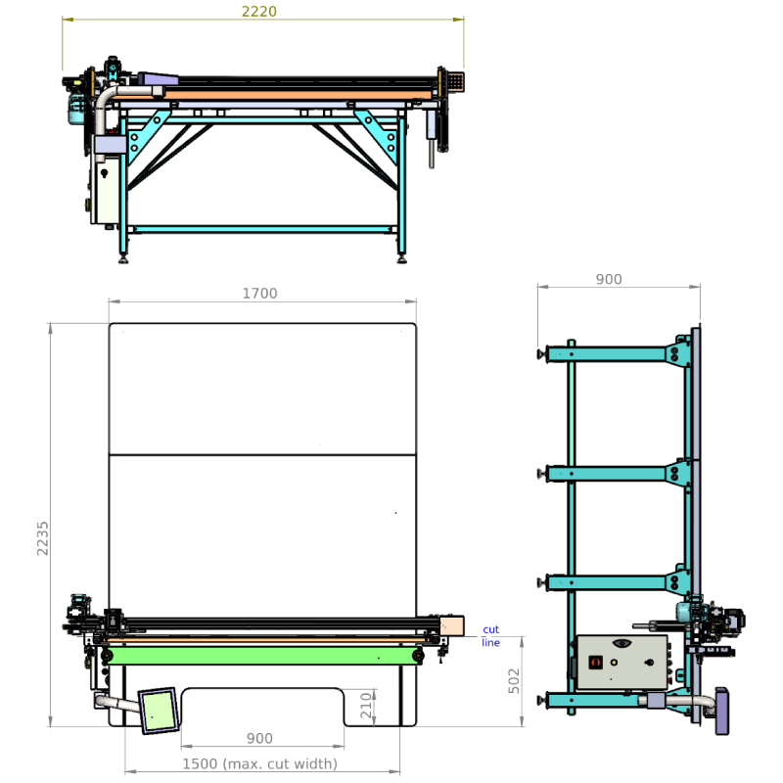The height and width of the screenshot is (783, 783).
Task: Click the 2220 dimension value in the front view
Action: (x=258, y=11)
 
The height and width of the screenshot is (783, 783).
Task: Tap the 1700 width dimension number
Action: (x=259, y=293)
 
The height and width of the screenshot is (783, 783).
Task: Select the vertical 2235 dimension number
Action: (x=42, y=538)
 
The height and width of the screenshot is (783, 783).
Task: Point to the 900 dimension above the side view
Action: (x=609, y=279)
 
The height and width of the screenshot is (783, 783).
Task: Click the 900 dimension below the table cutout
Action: (x=259, y=738)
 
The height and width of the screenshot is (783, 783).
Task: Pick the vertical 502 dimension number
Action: (x=514, y=680)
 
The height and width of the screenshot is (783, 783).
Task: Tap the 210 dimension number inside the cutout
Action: (x=366, y=705)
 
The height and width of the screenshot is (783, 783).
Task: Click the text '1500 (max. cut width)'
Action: (x=259, y=764)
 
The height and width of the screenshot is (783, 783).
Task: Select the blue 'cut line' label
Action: (x=491, y=635)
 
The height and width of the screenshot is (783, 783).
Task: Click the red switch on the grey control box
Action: (x=596, y=663)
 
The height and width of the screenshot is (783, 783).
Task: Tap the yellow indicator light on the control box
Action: (x=614, y=663)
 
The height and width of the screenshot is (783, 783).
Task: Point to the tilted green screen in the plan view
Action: (x=159, y=711)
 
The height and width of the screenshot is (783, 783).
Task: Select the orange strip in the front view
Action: (x=298, y=95)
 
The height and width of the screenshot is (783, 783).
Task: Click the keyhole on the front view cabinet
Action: (x=104, y=174)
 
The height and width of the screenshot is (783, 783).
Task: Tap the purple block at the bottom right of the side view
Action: (x=722, y=712)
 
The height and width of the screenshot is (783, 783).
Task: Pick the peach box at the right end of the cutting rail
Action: (x=452, y=625)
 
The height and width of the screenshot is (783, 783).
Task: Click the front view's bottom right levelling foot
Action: (x=401, y=259)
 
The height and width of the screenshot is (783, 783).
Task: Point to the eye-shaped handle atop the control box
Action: (x=622, y=643)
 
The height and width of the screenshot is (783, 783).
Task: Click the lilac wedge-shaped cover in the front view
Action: (x=159, y=79)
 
